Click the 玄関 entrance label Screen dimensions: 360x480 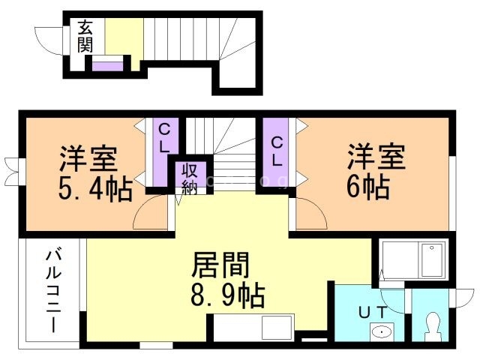pos(85,37)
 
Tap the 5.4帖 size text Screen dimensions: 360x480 pos(94,187)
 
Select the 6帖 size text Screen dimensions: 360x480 pos(367,186)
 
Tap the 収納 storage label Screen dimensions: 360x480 pos(187,178)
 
